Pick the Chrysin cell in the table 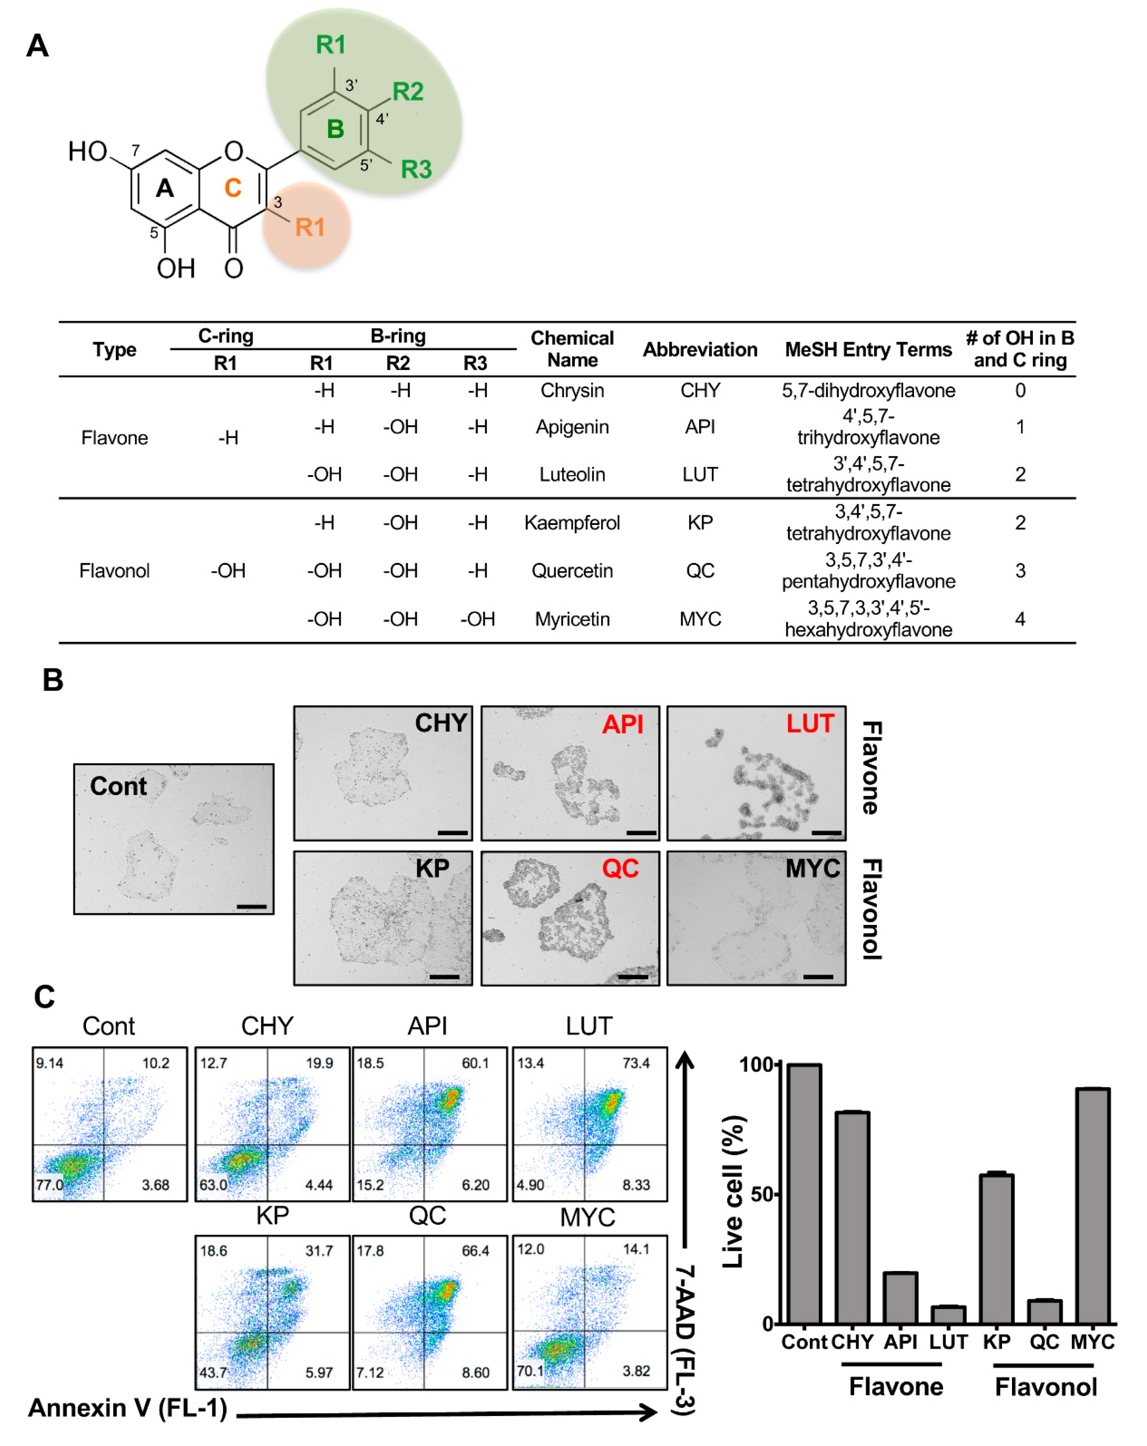click(x=572, y=390)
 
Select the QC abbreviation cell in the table click(x=699, y=571)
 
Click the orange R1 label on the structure click(x=309, y=227)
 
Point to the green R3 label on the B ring click(x=416, y=169)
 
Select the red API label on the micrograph click(x=622, y=724)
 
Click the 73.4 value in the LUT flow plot click(x=635, y=1063)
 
